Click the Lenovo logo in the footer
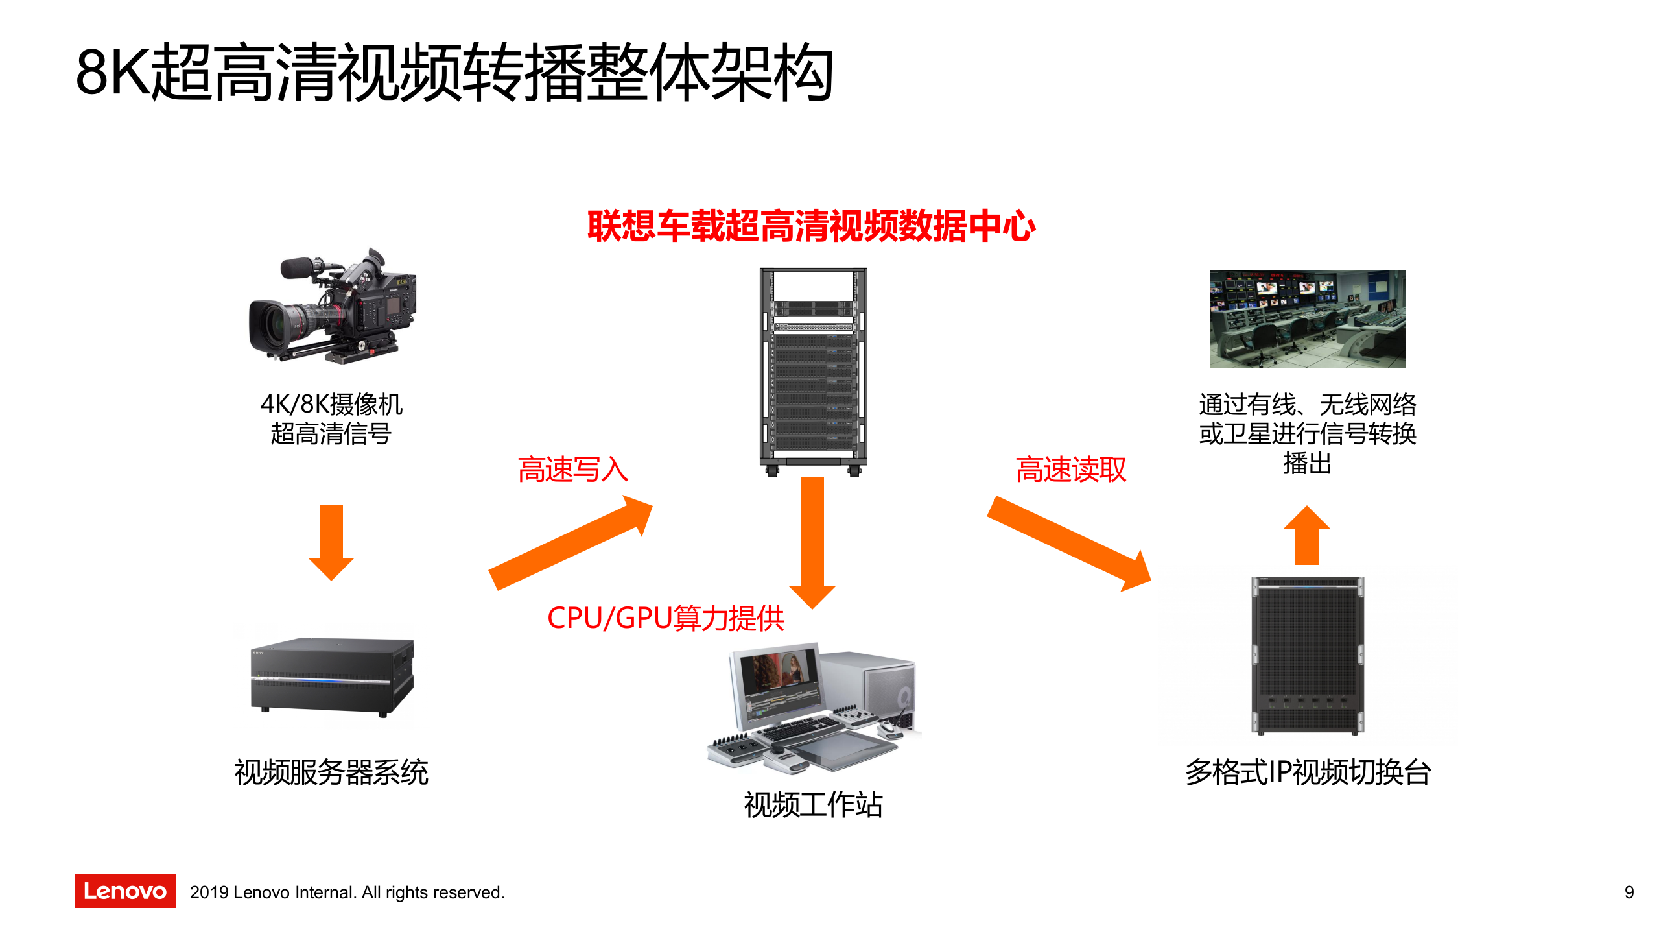[125, 891]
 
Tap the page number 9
[1629, 892]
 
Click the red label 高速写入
[573, 469]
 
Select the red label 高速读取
[1071, 469]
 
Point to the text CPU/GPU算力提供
[666, 617]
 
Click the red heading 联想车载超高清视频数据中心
[811, 226]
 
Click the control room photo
[1308, 318]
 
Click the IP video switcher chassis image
[1307, 655]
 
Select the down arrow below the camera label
[331, 542]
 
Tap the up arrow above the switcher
[1307, 535]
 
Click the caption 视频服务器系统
[331, 772]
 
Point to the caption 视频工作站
[813, 804]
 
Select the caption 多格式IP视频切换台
[1308, 772]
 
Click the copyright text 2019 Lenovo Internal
[347, 892]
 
